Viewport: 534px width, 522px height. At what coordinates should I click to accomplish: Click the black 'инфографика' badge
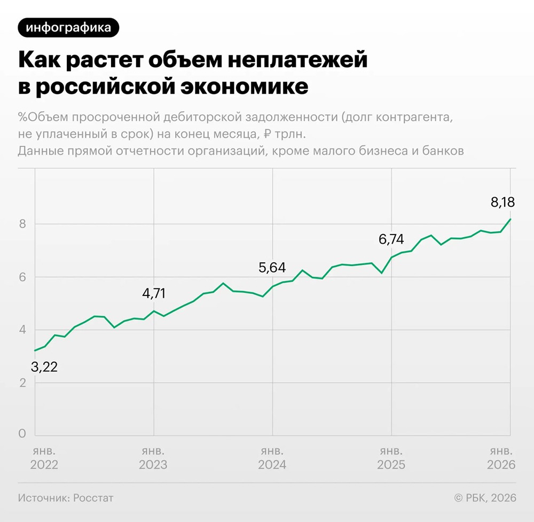tap(68, 28)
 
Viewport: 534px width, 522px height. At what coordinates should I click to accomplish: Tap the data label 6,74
tap(391, 240)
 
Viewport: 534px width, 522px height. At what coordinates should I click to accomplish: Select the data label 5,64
tap(272, 268)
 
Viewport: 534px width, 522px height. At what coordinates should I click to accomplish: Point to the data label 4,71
tap(154, 293)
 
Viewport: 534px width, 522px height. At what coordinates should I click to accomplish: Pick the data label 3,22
tap(44, 367)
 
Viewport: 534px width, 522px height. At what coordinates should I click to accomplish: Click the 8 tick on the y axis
tap(22, 224)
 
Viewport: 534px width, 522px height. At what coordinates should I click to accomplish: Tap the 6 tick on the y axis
tap(22, 277)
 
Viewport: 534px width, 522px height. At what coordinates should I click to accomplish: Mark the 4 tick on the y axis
tap(22, 330)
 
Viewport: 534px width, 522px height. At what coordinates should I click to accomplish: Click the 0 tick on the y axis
tap(22, 434)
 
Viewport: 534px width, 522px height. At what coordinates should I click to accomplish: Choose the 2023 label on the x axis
tap(153, 464)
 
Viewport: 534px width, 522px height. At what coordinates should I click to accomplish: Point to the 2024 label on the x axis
tap(272, 464)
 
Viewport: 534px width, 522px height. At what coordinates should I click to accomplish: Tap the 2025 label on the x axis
tap(391, 464)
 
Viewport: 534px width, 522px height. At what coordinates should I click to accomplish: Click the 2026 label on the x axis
tap(501, 464)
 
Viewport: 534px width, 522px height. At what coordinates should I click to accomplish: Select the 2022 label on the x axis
tap(44, 464)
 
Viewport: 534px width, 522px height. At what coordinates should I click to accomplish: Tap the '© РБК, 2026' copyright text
tap(485, 498)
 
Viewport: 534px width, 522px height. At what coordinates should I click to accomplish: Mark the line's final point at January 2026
tap(511, 219)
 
